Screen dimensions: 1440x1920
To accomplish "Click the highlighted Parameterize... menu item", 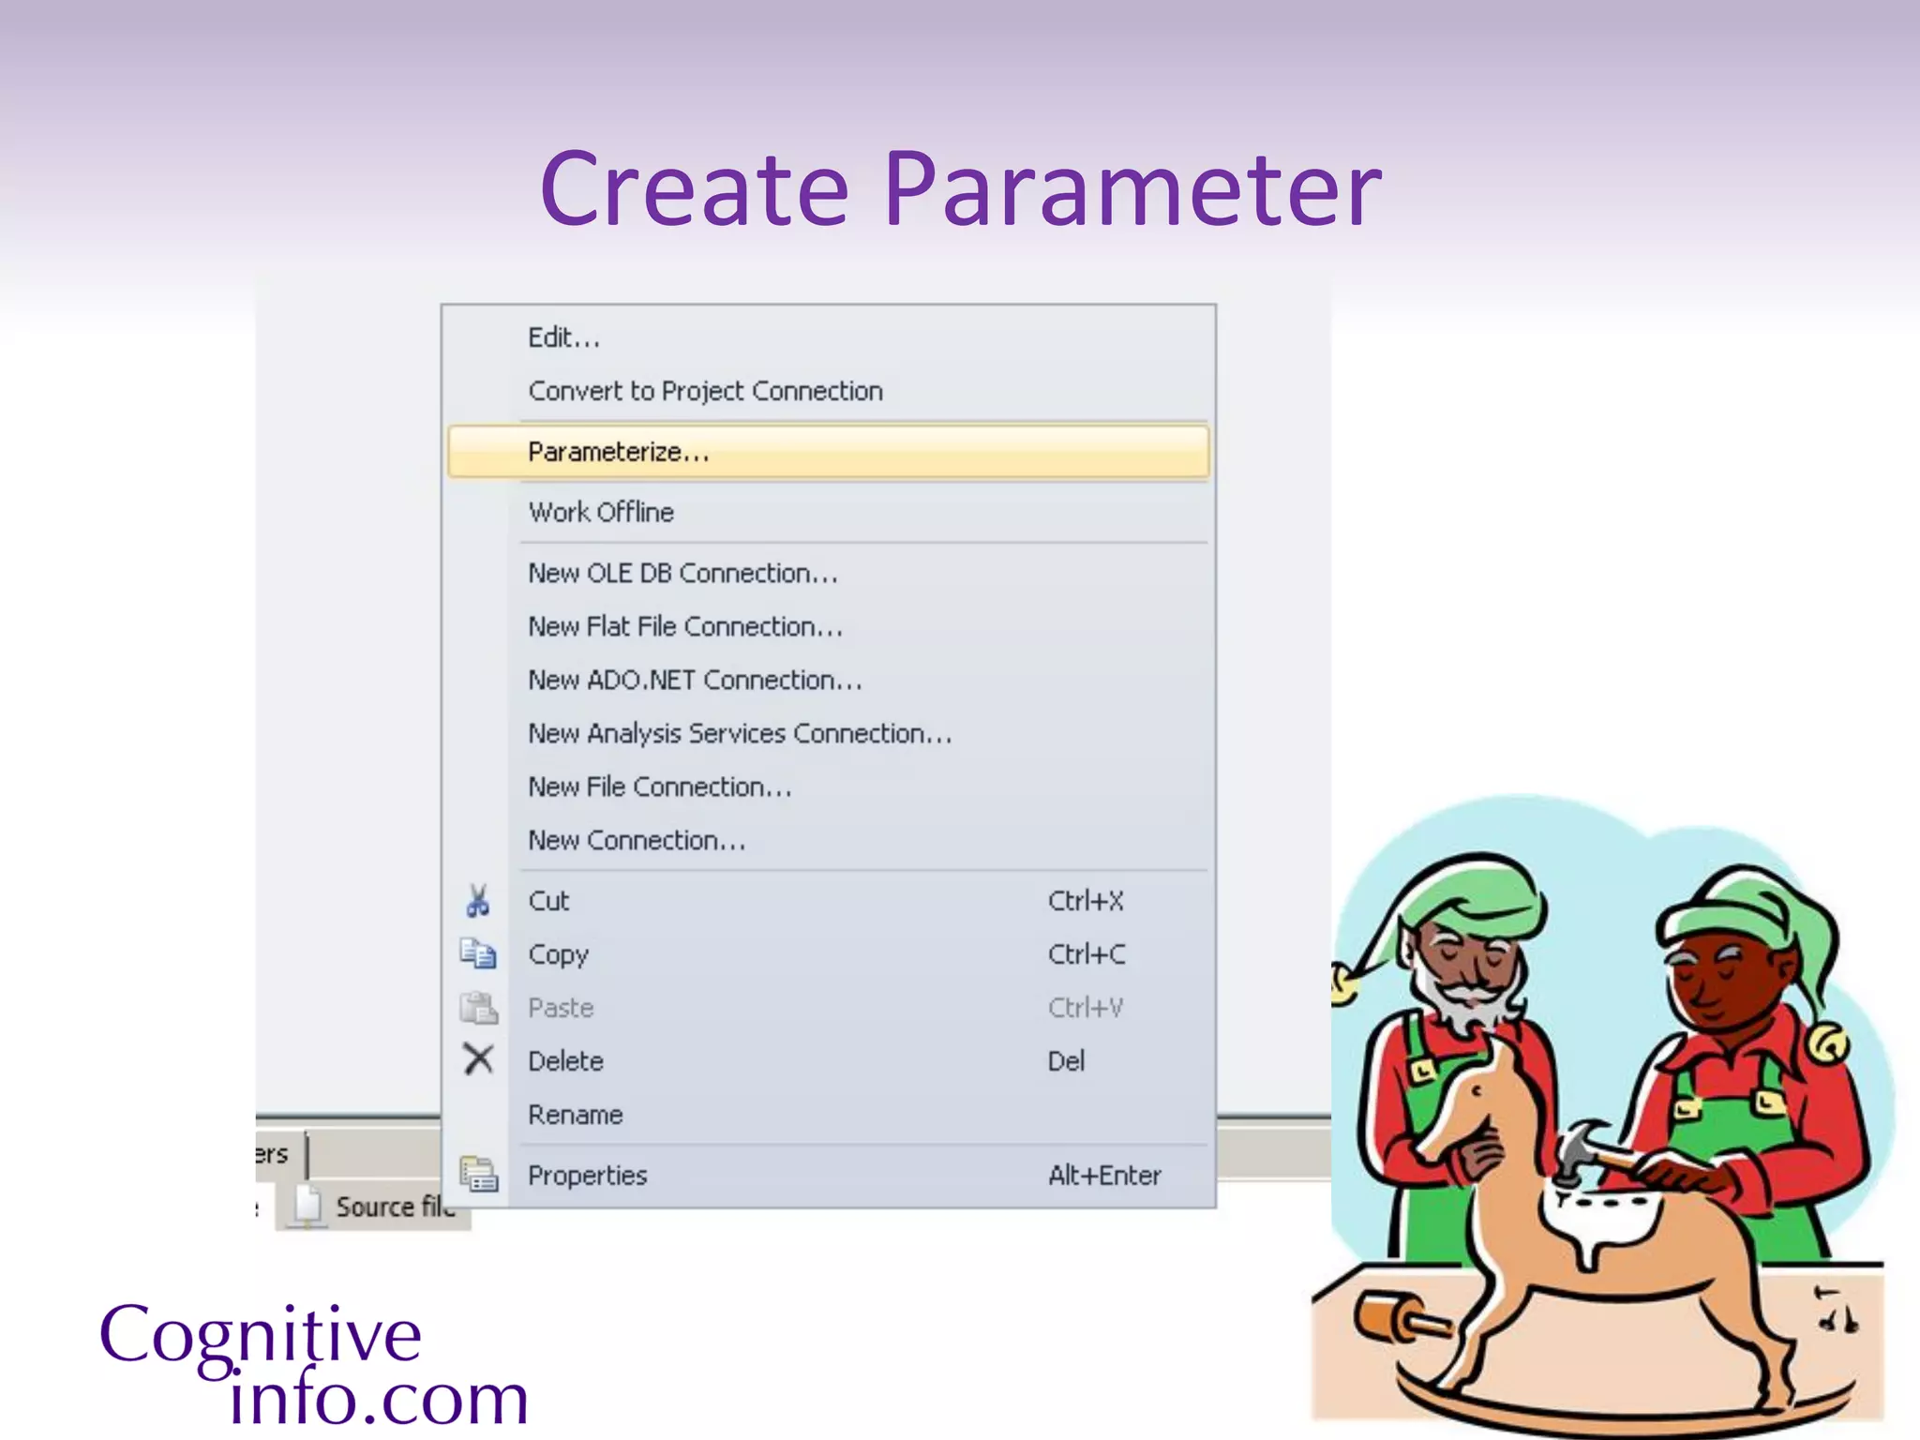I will (619, 452).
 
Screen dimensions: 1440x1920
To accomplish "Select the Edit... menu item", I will (563, 337).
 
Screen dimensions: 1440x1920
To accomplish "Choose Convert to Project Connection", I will (705, 391).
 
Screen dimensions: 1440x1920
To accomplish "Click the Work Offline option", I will (601, 512).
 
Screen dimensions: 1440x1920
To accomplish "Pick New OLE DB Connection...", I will (682, 573).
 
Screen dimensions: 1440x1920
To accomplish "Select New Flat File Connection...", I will (685, 626).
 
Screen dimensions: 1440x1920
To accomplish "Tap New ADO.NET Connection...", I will (695, 680).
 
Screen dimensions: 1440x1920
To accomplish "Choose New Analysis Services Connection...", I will (740, 733).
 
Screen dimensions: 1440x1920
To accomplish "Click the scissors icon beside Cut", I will (478, 901).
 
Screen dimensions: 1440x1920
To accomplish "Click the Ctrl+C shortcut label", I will (1087, 954).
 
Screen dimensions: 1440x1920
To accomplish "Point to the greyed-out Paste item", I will (561, 1008).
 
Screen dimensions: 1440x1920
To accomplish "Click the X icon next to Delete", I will (478, 1060).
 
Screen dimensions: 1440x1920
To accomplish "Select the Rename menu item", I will (576, 1115).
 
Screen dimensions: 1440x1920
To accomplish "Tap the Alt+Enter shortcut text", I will (1104, 1176).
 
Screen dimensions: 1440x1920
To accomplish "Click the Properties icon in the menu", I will (479, 1175).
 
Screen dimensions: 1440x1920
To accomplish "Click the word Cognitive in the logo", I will (261, 1335).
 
